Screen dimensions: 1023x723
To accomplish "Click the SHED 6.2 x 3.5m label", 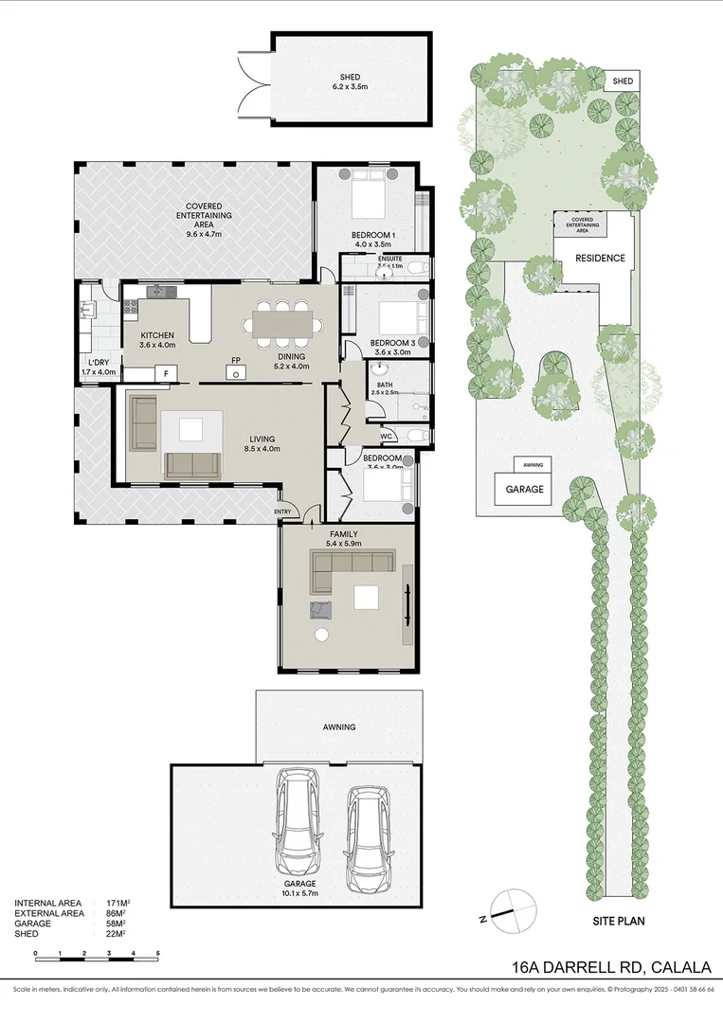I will [351, 81].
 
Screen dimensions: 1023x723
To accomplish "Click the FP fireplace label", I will [235, 360].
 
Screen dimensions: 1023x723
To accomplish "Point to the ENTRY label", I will [283, 511].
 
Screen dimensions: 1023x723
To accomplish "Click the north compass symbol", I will [509, 910].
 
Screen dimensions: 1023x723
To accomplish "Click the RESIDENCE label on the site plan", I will [601, 259].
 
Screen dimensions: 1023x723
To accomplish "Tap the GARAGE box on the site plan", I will [524, 490].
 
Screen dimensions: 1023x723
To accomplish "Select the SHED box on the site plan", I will [623, 81].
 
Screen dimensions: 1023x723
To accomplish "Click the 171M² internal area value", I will [117, 904].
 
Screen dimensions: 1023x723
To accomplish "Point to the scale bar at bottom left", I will [96, 953].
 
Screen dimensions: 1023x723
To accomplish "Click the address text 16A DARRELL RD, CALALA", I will [610, 967].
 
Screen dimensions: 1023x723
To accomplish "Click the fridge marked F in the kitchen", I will [165, 374].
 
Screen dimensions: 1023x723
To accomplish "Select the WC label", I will [387, 436].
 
